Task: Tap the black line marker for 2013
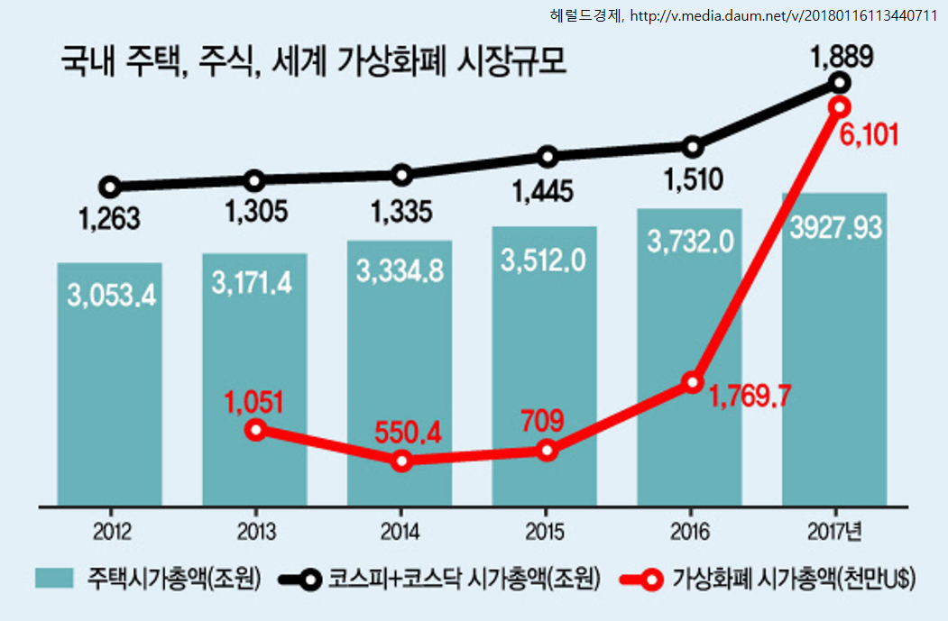[255, 181]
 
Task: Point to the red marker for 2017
[839, 107]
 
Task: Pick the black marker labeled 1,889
[840, 83]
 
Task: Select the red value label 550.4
[409, 433]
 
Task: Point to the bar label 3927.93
[835, 227]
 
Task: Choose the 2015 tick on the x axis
[546, 531]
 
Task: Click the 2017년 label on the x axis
[835, 531]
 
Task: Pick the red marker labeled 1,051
[255, 430]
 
